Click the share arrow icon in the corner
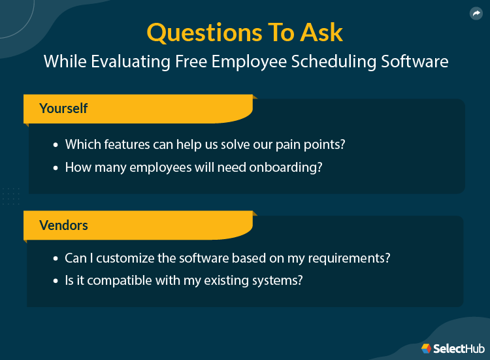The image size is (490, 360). (x=476, y=14)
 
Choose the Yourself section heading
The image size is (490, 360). (x=63, y=108)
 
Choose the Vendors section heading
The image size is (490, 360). (x=63, y=225)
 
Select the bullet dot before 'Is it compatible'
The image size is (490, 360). (x=55, y=281)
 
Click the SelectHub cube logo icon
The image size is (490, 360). (x=426, y=348)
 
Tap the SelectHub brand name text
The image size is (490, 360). (x=458, y=348)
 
